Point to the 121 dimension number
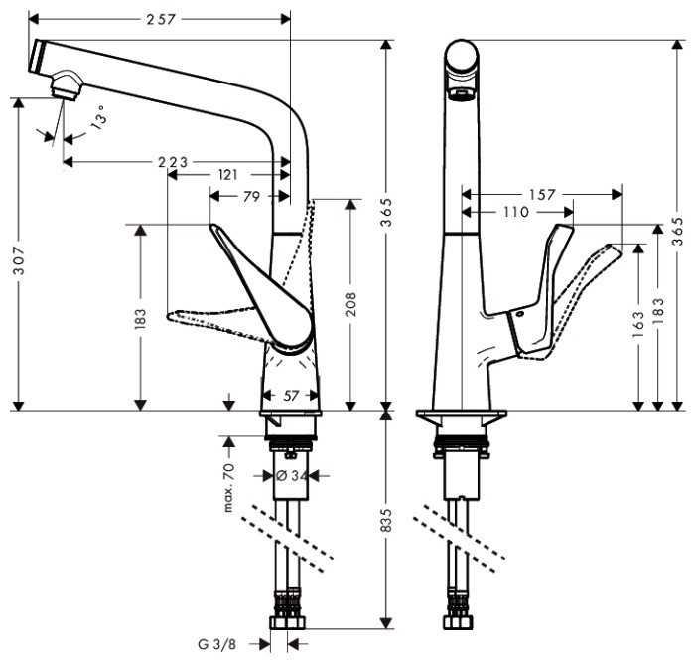pyautogui.click(x=227, y=174)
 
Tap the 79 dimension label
pyautogui.click(x=251, y=197)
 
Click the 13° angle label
pyautogui.click(x=97, y=121)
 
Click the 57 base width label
pyautogui.click(x=290, y=396)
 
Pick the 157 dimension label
pyautogui.click(x=541, y=195)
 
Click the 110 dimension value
pyautogui.click(x=516, y=212)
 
